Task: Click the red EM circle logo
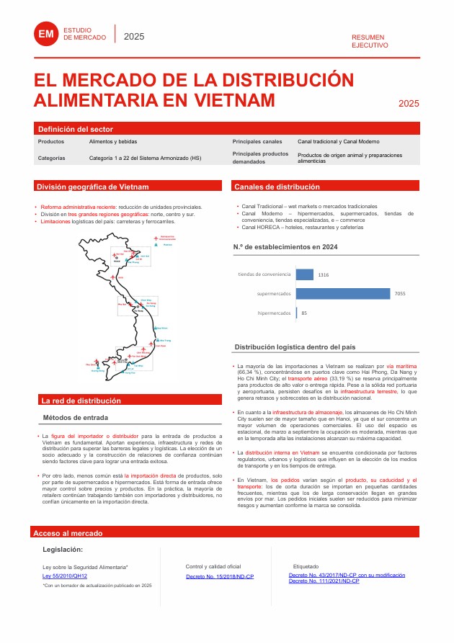(x=46, y=34)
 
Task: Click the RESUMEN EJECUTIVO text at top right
(x=370, y=40)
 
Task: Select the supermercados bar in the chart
(x=342, y=294)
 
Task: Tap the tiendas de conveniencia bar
(x=304, y=274)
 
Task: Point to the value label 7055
(x=401, y=294)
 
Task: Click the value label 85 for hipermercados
(x=304, y=313)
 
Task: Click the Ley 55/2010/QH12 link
(x=65, y=576)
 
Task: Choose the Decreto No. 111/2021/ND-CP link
(x=324, y=581)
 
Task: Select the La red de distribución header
(x=81, y=401)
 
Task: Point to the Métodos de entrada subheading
(x=76, y=418)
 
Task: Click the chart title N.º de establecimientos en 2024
(x=285, y=246)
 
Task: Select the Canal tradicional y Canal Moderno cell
(x=339, y=142)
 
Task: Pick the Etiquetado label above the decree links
(x=306, y=567)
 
